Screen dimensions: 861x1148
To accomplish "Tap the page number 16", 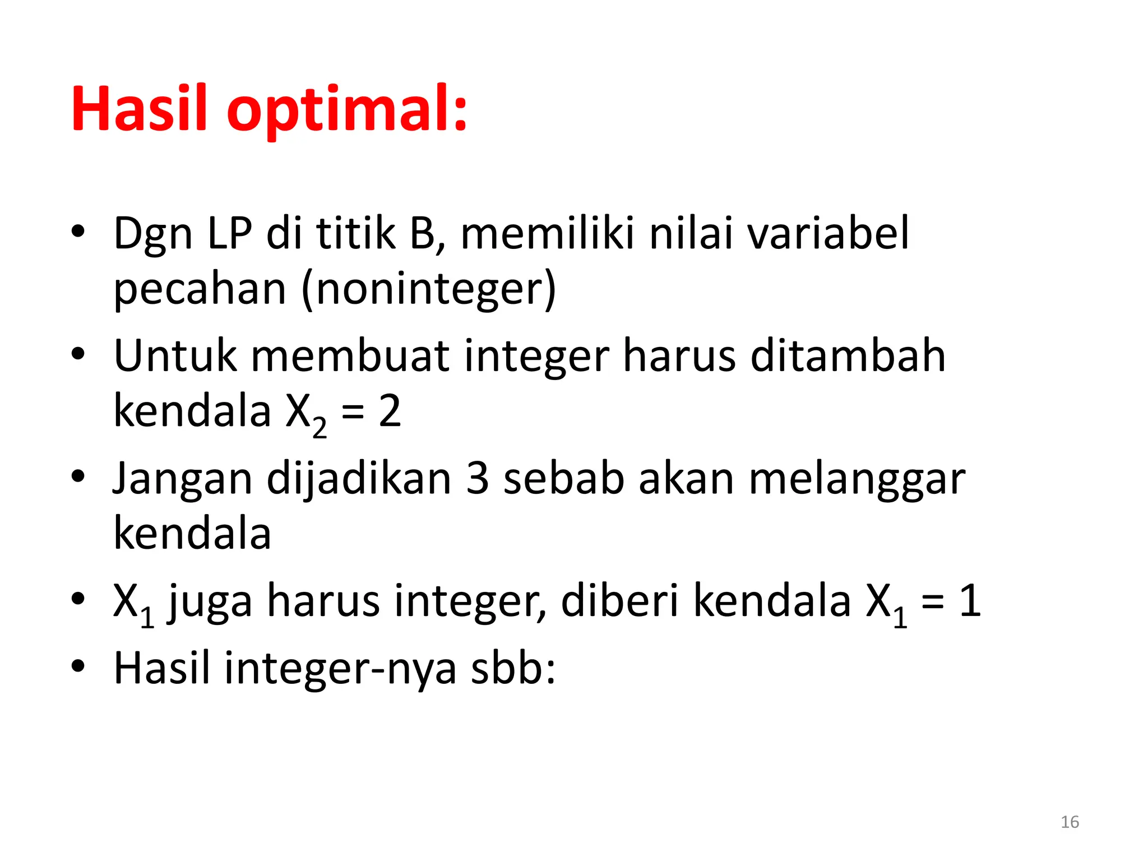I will pos(1070,822).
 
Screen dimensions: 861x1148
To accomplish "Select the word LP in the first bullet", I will pos(230,233).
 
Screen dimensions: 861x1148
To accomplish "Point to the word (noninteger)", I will pos(429,289).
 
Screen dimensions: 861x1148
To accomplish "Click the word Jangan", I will pos(182,480).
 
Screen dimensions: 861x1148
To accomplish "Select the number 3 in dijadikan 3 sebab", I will pos(478,479).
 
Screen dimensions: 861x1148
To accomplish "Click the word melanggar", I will pos(857,480).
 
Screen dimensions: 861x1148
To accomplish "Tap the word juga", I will pos(210,602).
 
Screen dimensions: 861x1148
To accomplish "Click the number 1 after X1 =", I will pos(970,601).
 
